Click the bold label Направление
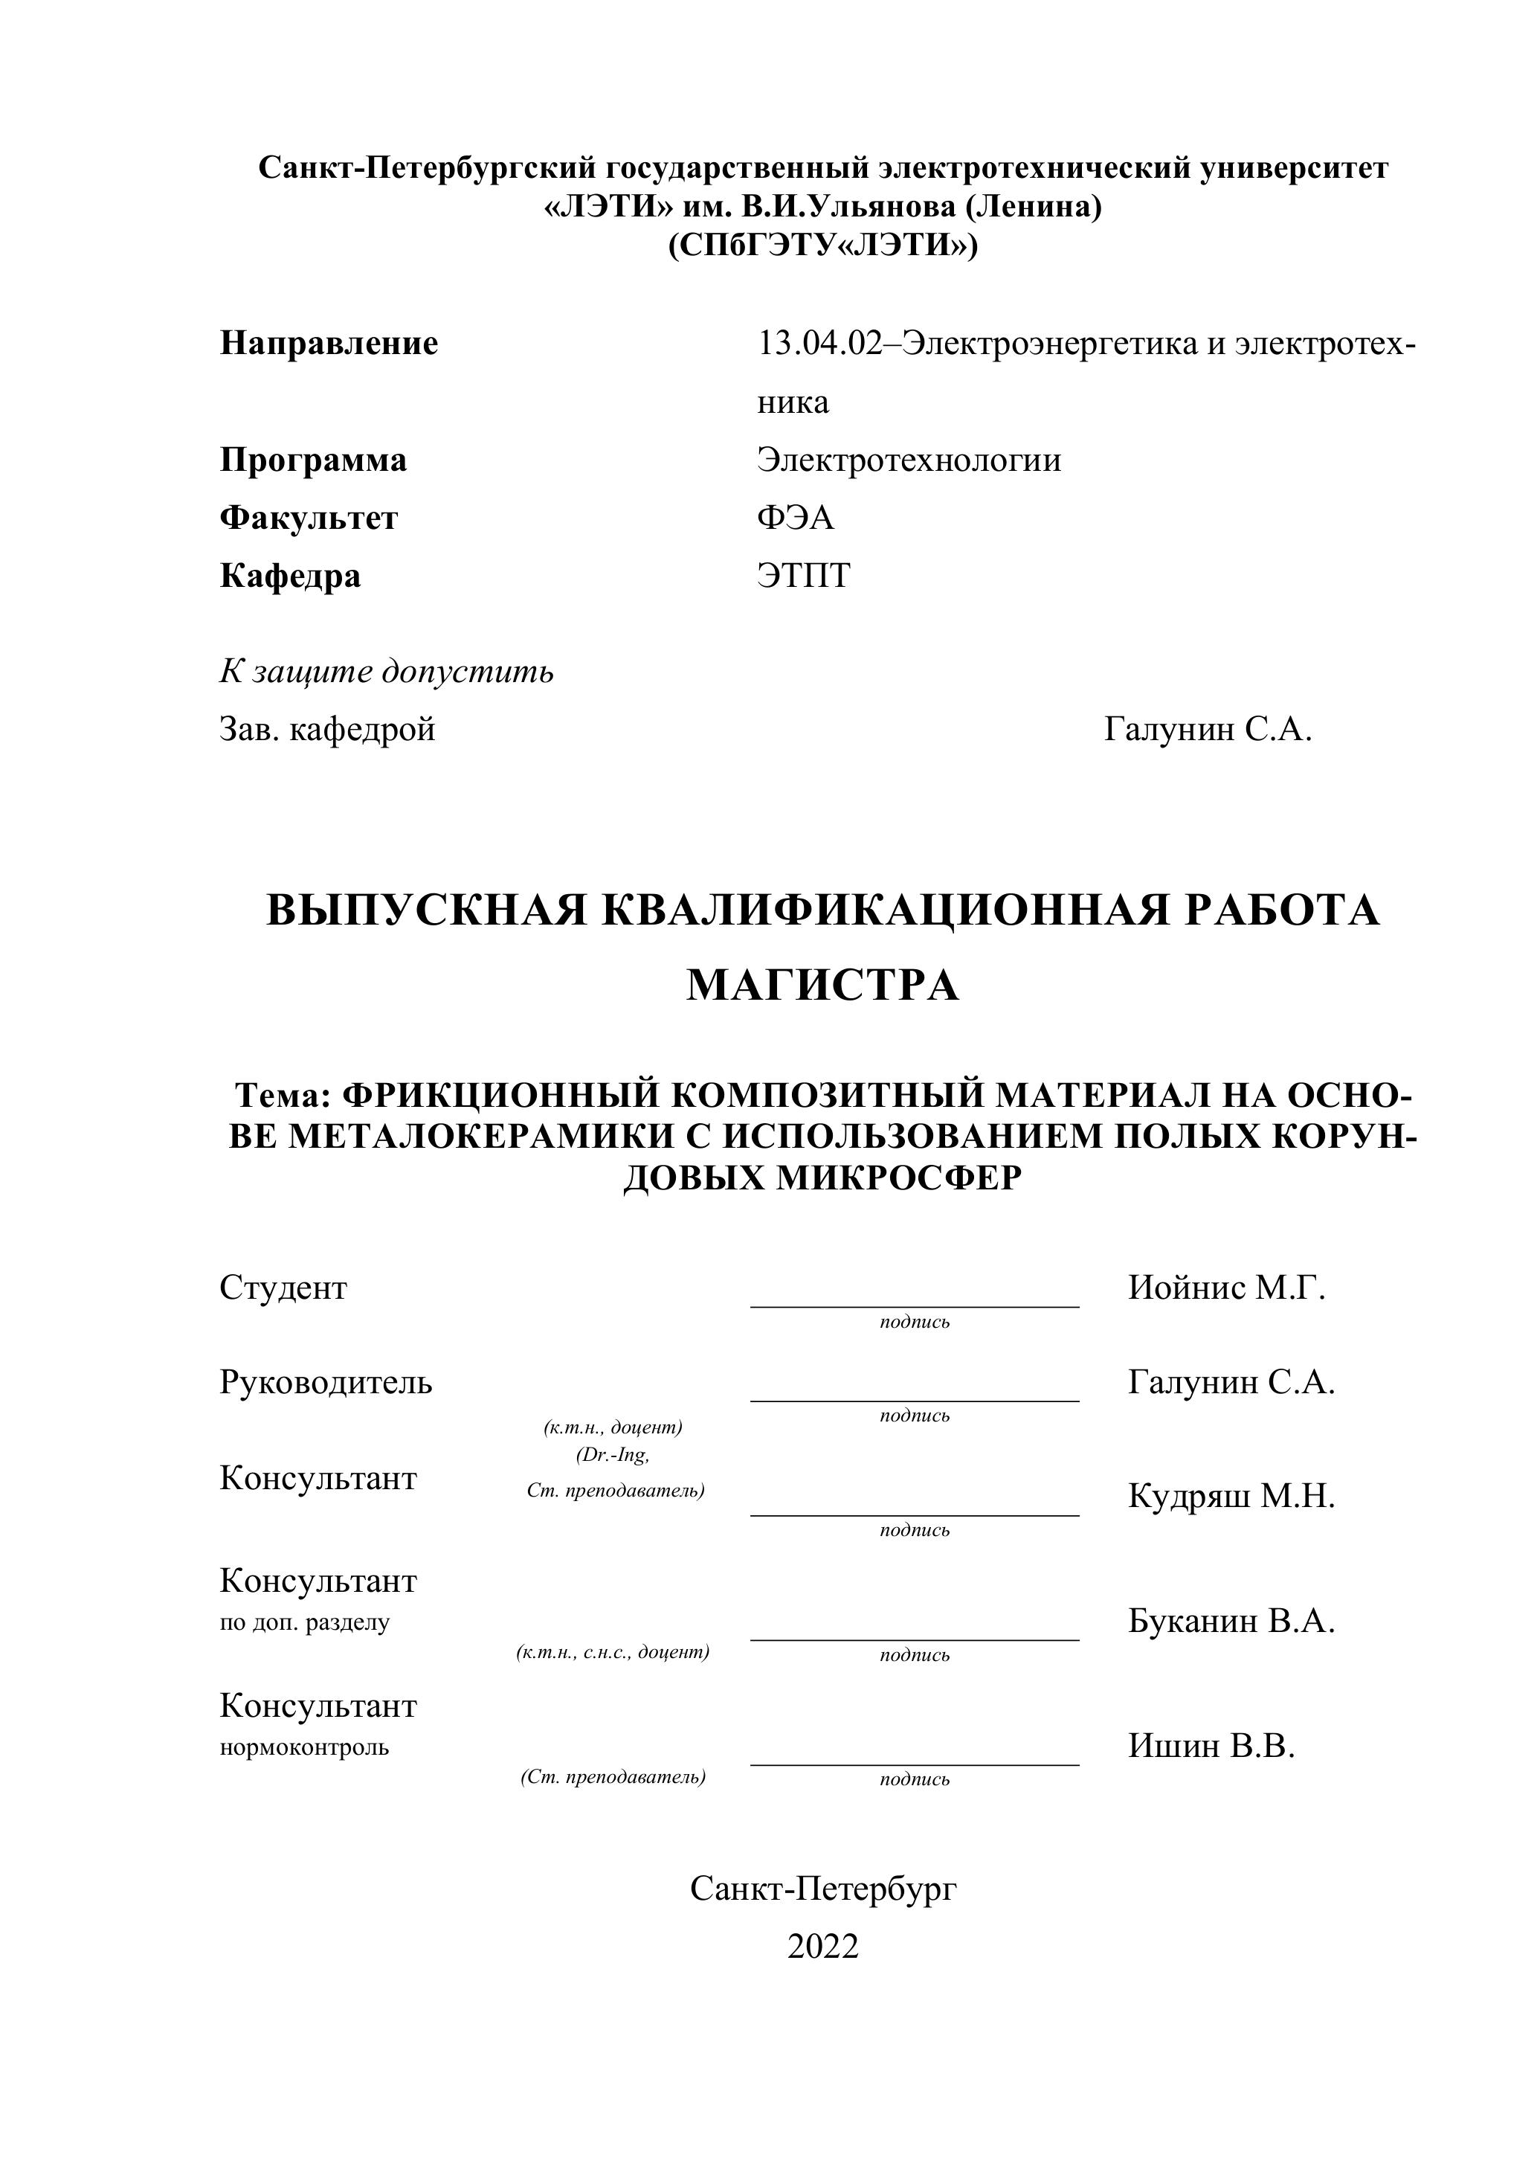329,343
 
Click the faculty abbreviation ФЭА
795,518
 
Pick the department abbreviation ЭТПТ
803,576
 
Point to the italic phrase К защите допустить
387,672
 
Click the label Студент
283,1288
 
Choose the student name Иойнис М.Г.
1225,1288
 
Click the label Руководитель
326,1383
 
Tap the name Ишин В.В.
1211,1746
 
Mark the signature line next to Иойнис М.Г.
914,1305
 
